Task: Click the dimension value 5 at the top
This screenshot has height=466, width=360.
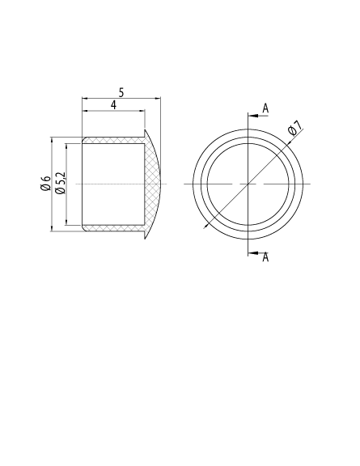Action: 121,93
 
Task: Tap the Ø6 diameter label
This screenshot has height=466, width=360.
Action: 46,184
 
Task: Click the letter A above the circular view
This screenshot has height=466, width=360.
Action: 265,108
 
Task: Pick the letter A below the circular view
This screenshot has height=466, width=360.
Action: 265,257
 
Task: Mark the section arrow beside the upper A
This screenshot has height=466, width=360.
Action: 252,116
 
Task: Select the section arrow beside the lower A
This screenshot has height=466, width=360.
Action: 252,252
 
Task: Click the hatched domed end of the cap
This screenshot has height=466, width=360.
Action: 153,184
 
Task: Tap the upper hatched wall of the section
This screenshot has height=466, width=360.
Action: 113,139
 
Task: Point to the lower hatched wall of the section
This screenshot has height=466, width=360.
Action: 113,227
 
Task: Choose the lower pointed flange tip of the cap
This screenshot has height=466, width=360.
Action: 146,238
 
